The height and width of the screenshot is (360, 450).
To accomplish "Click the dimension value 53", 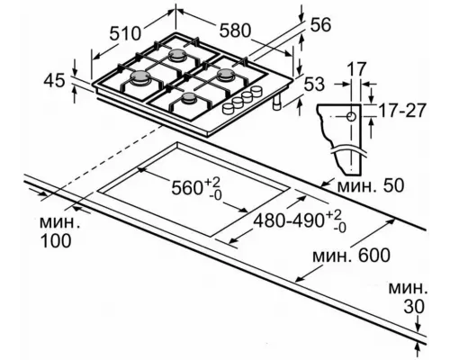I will pos(315,85).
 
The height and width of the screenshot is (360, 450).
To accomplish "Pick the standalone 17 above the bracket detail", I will pos(360,68).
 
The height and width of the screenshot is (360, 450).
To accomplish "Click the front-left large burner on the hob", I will pos(141,83).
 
